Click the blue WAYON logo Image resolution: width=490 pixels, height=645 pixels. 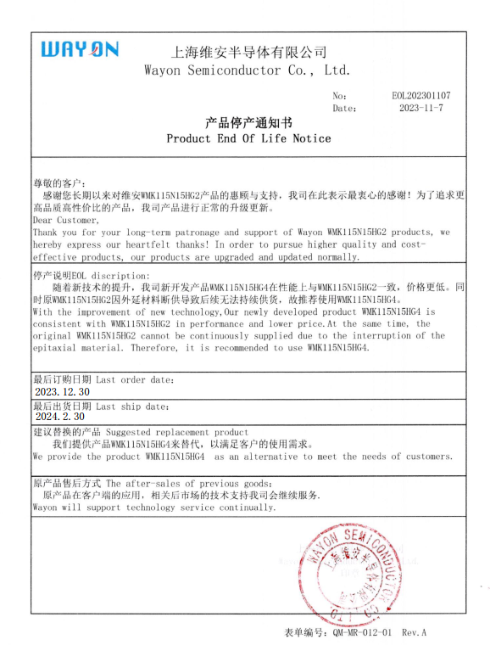tap(80, 50)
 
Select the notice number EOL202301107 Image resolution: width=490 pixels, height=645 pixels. tap(421, 97)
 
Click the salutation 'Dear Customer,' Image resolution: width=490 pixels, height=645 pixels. tap(65, 220)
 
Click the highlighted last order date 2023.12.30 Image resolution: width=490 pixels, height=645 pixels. tap(61, 392)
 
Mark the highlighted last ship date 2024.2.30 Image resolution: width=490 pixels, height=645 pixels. tap(59, 417)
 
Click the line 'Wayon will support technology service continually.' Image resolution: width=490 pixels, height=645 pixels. tap(154, 507)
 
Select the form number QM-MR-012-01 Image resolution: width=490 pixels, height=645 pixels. tap(362, 633)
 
